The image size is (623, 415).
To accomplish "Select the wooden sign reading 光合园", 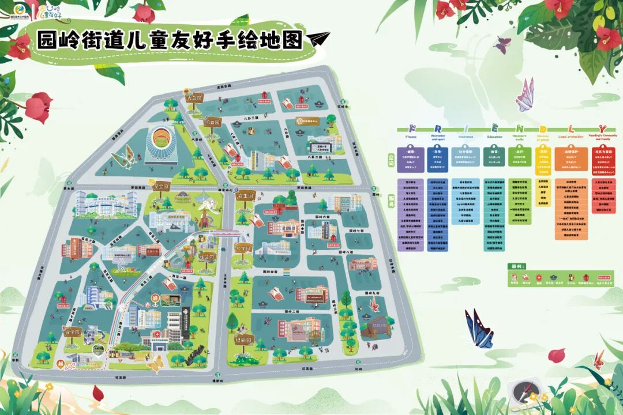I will pos(193,99).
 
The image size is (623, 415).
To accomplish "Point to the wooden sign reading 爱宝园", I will pos(160,187).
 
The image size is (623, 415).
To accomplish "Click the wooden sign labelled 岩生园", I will pos(245,195).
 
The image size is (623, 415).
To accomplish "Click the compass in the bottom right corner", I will pos(524,391).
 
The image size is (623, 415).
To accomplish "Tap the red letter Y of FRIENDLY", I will pos(602,128).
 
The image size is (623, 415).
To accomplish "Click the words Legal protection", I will pos(571,137).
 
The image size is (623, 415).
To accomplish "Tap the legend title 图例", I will pos(516,267).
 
